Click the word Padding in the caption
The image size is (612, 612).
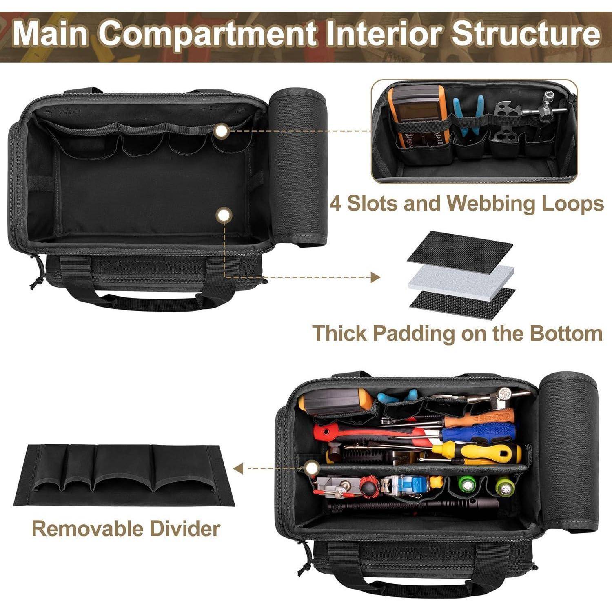(413, 333)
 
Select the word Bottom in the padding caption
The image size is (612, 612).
(566, 333)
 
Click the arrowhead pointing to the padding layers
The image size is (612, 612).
(375, 278)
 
